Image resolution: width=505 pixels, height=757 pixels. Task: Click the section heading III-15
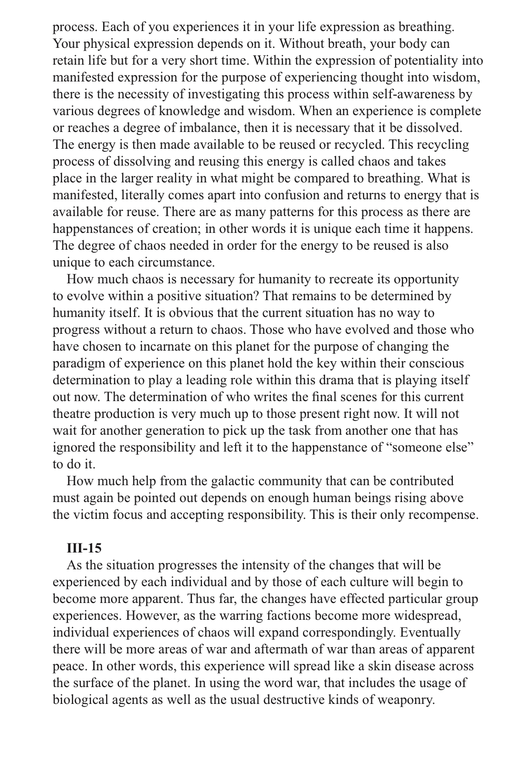[84, 548]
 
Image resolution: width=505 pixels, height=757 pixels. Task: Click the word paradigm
[77, 363]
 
